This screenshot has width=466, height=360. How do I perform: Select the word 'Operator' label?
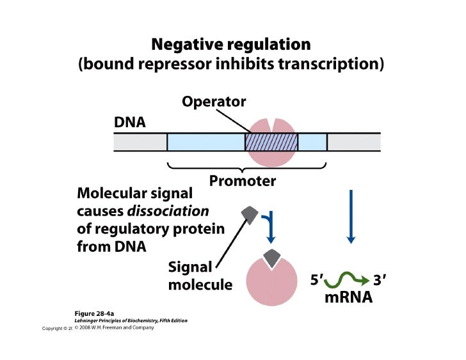pyautogui.click(x=214, y=102)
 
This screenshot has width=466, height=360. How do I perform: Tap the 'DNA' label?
pyautogui.click(x=130, y=121)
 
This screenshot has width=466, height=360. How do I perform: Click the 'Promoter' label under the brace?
pyautogui.click(x=243, y=181)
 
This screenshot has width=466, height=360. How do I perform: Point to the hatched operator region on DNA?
pyautogui.click(x=271, y=142)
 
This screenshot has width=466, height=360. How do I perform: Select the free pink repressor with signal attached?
pyautogui.click(x=271, y=281)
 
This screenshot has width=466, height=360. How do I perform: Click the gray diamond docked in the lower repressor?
pyautogui.click(x=271, y=258)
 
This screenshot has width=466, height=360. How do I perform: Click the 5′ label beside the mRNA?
pyautogui.click(x=317, y=280)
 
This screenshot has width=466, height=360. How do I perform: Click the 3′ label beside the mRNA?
pyautogui.click(x=380, y=280)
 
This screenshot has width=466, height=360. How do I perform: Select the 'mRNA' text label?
pyautogui.click(x=348, y=299)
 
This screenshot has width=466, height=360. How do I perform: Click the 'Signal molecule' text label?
pyautogui.click(x=200, y=276)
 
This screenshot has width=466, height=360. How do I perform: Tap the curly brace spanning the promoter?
pyautogui.click(x=247, y=168)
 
